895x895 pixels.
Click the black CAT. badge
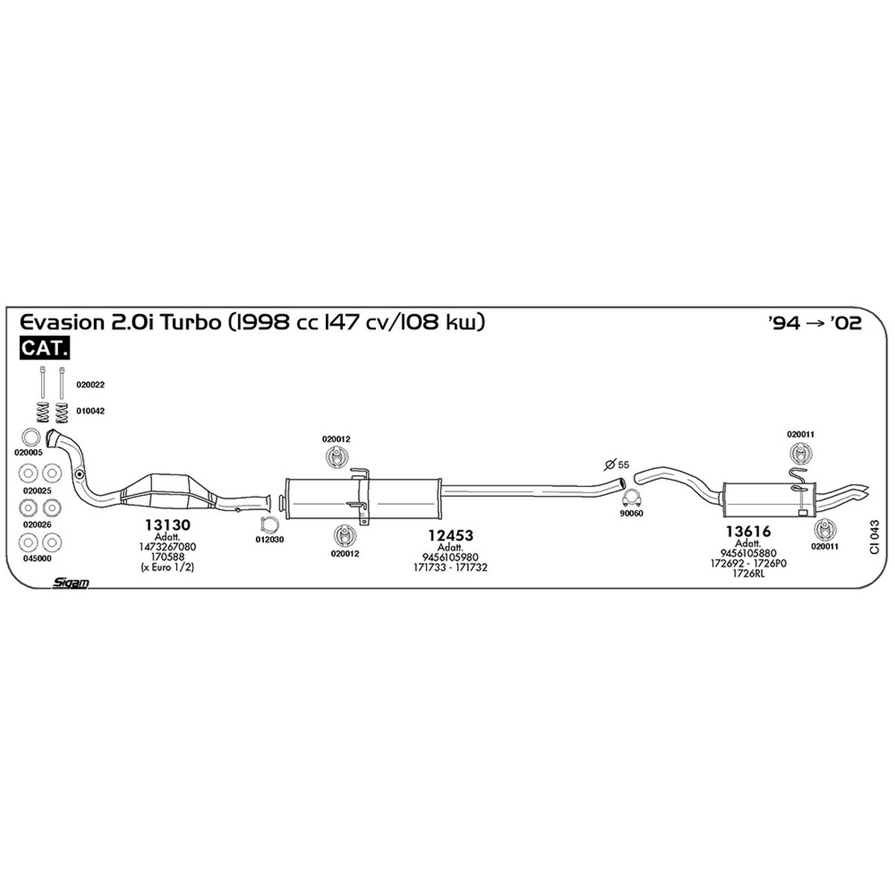45,348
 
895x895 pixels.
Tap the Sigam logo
71,582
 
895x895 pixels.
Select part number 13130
168,525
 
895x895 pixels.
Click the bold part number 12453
450,535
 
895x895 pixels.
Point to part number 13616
748,531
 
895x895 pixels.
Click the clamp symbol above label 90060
632,499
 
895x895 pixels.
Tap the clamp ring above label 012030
269,525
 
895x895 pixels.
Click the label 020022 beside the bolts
90,385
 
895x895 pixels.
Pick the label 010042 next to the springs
90,411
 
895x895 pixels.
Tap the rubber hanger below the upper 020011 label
800,453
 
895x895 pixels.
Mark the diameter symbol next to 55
611,464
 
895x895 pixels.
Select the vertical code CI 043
875,537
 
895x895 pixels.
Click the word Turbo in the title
191,322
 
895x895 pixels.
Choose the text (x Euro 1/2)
167,567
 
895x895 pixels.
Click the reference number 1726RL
748,573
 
